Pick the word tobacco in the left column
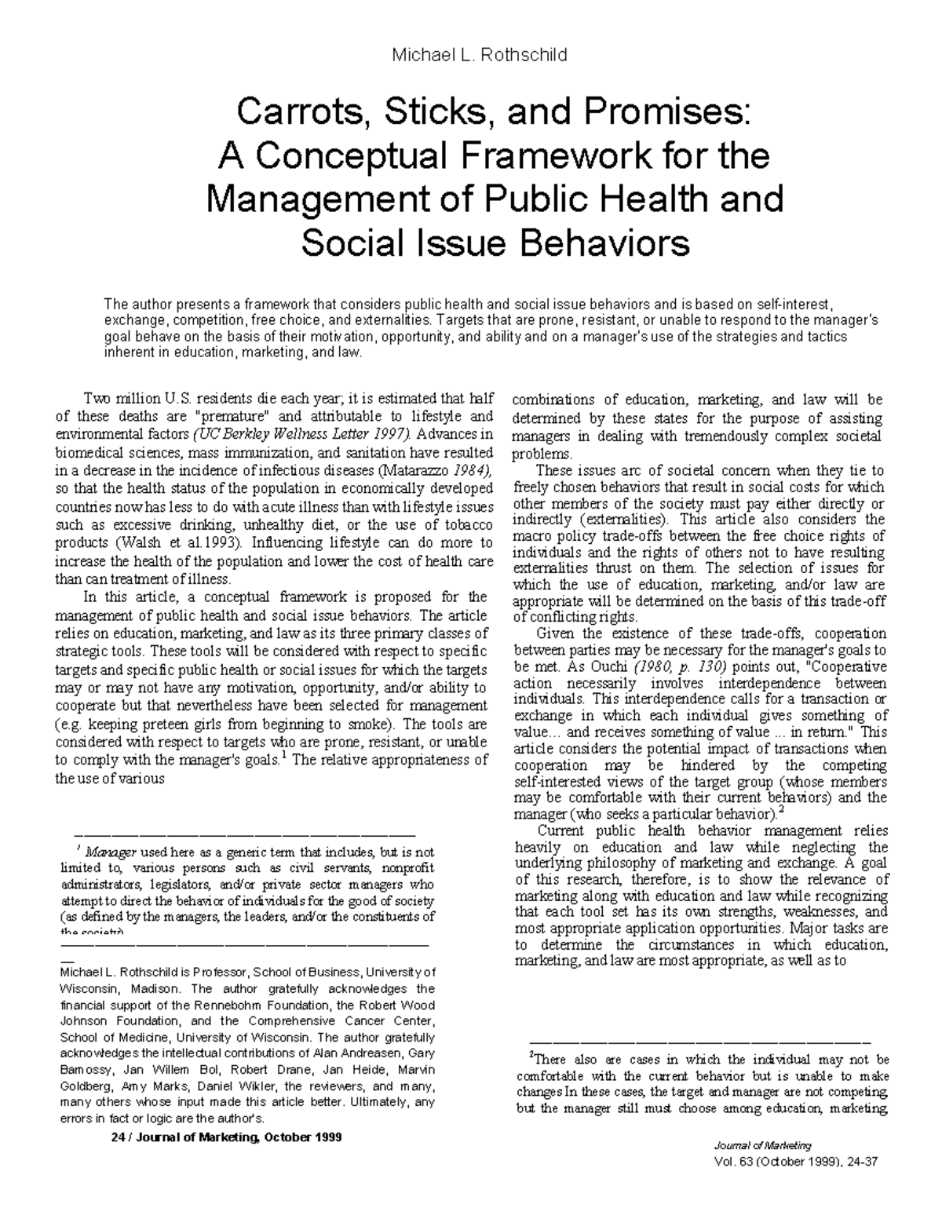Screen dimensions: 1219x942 pos(464,524)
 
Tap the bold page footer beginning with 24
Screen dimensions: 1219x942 pos(228,1137)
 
